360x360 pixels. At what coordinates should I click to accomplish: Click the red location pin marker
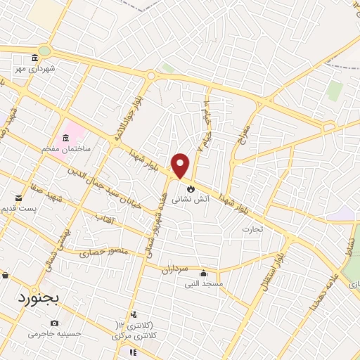point(181,165)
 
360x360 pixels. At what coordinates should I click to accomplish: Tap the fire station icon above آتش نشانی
point(190,188)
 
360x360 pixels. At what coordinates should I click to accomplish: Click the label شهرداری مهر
point(33,69)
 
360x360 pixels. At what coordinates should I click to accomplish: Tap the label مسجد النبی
point(203,284)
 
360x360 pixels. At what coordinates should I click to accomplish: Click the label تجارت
point(252,229)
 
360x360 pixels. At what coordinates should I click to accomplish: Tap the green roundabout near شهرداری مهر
point(46,51)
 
